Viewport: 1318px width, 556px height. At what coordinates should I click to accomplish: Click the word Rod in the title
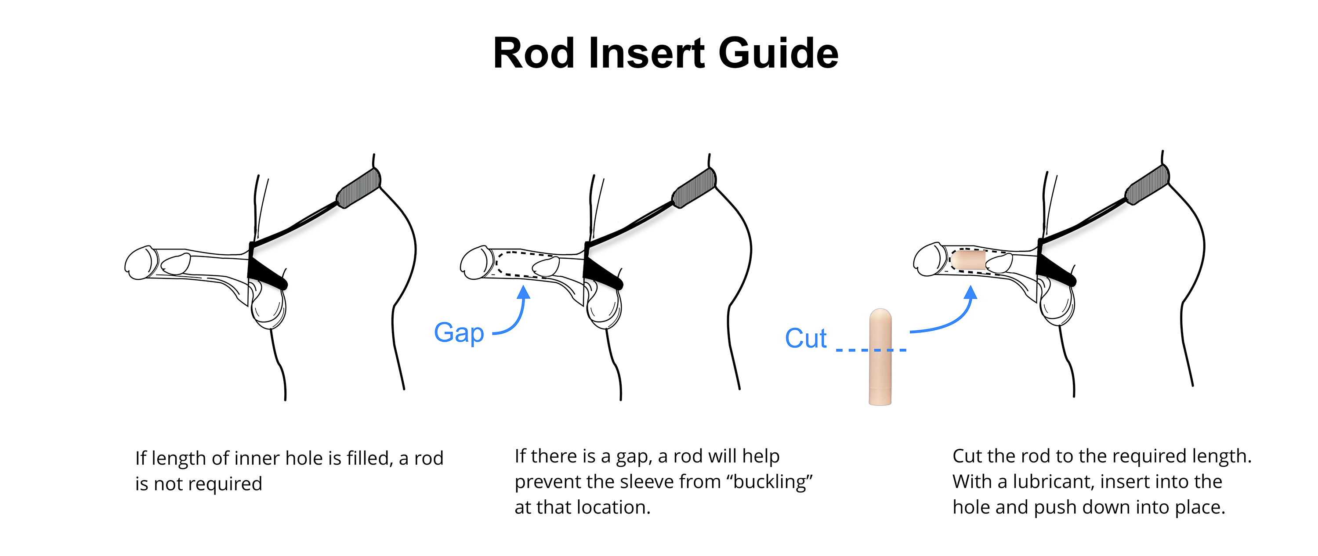[x=534, y=53]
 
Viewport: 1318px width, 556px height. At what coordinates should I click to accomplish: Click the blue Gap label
[x=459, y=333]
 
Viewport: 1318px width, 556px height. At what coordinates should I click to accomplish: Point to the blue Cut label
[x=805, y=339]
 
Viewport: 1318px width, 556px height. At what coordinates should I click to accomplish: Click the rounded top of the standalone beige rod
[x=880, y=314]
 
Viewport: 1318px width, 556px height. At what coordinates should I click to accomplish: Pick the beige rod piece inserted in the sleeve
[x=969, y=260]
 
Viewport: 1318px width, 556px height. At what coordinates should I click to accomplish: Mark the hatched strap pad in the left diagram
[x=358, y=188]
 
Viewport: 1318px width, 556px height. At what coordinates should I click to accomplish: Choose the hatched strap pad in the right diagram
[x=1147, y=185]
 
